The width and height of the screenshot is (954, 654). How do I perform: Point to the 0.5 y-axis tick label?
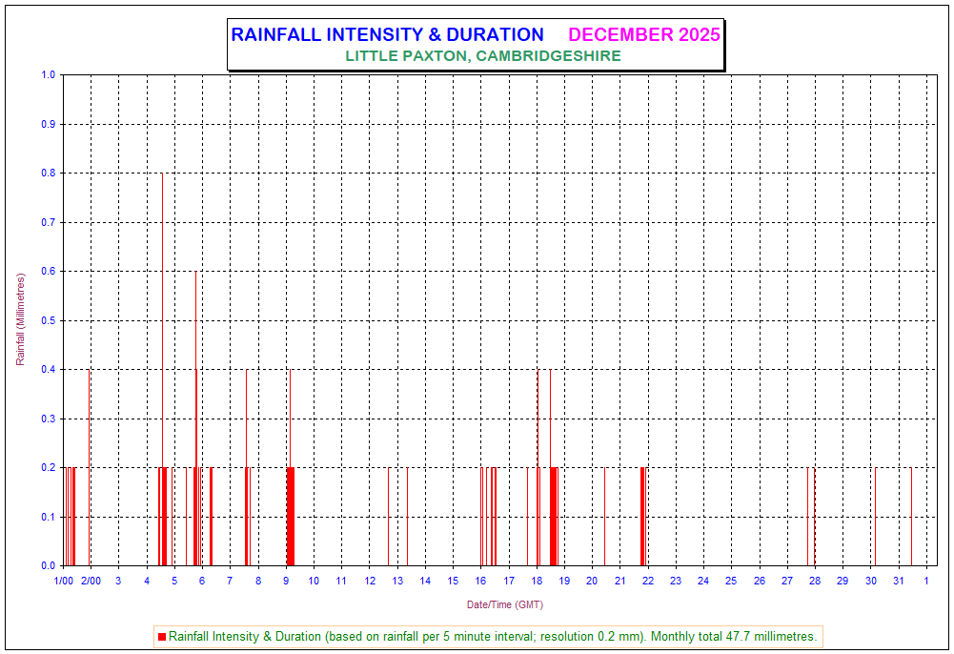tap(50, 320)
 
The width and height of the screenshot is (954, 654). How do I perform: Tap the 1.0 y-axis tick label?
tap(50, 75)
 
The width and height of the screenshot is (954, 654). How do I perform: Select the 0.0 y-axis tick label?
tap(50, 565)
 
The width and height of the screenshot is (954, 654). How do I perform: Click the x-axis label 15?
tap(453, 581)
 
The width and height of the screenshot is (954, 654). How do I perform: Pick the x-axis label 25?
tap(731, 581)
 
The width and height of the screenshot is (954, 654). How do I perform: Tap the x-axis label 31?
tap(898, 581)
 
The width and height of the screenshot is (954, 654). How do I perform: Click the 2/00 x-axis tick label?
tap(91, 581)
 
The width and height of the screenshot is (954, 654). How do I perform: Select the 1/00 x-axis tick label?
tap(63, 581)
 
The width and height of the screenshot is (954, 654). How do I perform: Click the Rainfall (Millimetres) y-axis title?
tap(20, 319)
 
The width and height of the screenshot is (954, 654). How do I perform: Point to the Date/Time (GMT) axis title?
tap(505, 604)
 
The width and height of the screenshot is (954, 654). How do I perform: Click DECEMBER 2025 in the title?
tap(644, 35)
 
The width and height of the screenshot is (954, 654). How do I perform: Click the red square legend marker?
tap(161, 636)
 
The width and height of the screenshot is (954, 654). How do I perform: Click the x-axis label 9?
tap(286, 581)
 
